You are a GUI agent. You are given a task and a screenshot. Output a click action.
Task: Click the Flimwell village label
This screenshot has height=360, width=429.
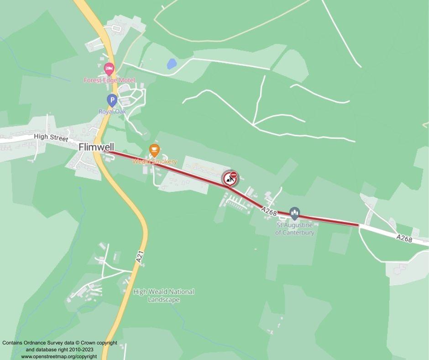(x=96, y=147)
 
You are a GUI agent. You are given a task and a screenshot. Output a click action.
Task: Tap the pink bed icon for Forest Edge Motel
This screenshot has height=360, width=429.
(x=109, y=69)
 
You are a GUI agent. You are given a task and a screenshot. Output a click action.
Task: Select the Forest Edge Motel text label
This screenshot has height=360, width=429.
(x=109, y=80)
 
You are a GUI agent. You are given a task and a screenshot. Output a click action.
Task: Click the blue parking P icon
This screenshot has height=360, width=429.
(x=112, y=100)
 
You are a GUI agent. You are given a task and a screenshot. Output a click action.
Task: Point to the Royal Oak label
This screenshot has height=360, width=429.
(x=112, y=111)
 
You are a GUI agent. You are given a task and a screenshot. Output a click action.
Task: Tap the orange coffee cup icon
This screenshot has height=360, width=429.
(x=154, y=149)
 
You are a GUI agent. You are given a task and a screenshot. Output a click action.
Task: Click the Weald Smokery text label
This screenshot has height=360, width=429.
(x=154, y=161)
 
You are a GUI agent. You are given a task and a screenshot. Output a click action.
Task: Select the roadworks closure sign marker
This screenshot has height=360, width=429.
(x=230, y=179)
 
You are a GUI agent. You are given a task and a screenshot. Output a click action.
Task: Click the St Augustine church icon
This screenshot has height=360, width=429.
(x=294, y=213)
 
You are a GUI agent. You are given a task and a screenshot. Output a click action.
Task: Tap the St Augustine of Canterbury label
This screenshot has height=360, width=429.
(x=294, y=229)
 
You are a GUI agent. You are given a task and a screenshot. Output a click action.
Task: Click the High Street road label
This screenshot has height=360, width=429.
(x=51, y=138)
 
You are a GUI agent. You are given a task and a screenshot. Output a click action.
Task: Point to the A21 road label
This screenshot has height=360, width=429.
(x=140, y=256)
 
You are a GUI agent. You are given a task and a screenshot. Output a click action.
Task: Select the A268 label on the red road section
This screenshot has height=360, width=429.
(x=270, y=210)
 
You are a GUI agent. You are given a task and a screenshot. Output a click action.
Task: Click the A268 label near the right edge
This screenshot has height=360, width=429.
(x=404, y=238)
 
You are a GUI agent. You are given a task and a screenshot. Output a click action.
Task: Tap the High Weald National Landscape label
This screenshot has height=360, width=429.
(x=163, y=296)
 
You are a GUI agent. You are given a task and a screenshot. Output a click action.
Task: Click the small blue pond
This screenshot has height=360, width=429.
(x=172, y=64)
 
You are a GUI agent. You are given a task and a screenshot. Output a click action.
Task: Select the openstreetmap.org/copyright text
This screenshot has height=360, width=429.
(x=59, y=356)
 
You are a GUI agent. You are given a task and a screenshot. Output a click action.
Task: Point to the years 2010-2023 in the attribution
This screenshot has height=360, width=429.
(x=80, y=349)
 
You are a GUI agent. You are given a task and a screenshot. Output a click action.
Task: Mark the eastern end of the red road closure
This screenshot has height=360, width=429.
(x=358, y=224)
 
